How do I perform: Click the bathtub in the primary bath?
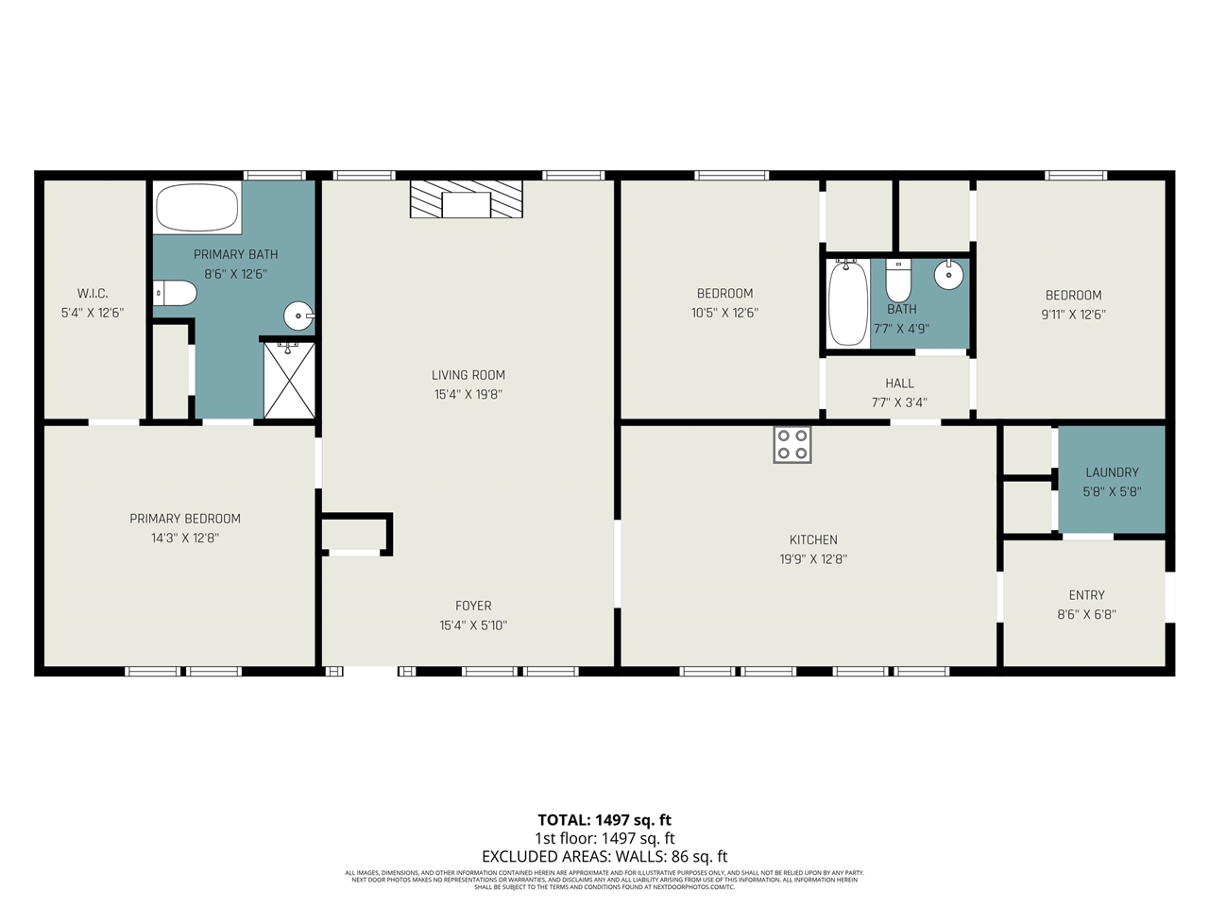(196, 207)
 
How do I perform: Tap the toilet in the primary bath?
(175, 293)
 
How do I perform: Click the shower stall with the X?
(289, 380)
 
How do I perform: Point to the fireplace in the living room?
(467, 199)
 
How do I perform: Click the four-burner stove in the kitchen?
(792, 444)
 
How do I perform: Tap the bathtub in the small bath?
(848, 303)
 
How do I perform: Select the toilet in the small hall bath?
(898, 281)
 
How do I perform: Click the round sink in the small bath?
(948, 275)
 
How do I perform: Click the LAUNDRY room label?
(1112, 472)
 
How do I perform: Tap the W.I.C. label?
(93, 293)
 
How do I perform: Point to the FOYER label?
(473, 606)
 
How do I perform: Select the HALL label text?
(899, 383)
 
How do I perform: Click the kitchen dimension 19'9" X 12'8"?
(812, 558)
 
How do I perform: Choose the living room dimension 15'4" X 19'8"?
(468, 394)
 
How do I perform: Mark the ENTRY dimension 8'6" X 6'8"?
(1086, 614)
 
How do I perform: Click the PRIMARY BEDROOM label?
(185, 518)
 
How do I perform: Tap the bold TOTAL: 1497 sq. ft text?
(604, 820)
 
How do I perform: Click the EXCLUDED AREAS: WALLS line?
(604, 857)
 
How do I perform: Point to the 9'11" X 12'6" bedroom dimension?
(1073, 315)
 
